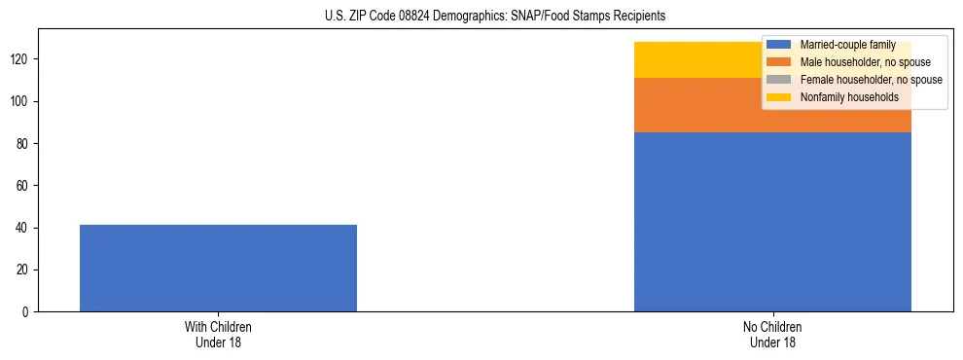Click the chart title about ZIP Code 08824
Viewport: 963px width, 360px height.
click(x=495, y=17)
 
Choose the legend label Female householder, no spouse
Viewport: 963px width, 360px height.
click(x=871, y=80)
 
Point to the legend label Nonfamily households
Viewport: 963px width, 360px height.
click(x=849, y=97)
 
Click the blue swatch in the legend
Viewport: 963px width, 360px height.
click(x=779, y=45)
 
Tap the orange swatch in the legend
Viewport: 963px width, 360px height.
click(x=779, y=62)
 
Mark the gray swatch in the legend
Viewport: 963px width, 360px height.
click(x=779, y=80)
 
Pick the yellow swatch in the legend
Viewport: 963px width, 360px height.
click(x=779, y=97)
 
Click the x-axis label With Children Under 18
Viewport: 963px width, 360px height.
click(x=218, y=334)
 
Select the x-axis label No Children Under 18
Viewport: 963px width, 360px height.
click(x=772, y=334)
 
